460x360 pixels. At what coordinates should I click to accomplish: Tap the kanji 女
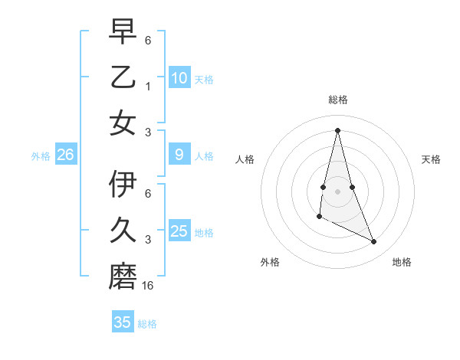[123, 123]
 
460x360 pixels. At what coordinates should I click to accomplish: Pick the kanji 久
[123, 231]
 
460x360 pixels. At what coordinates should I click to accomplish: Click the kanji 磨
[123, 277]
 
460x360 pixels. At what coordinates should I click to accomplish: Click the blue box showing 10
[179, 77]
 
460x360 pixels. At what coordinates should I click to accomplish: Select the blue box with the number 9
[179, 155]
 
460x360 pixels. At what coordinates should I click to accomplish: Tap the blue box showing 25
[179, 231]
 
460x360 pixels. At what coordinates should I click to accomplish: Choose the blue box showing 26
[66, 155]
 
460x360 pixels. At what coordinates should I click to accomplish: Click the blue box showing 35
[123, 322]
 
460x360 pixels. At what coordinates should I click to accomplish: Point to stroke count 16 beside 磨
[149, 286]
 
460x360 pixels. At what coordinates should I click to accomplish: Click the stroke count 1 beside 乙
[148, 86]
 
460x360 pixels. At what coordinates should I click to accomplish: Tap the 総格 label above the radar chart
[337, 100]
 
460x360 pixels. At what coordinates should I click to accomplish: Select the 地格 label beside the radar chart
[402, 262]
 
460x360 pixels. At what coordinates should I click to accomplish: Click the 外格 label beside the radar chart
[270, 262]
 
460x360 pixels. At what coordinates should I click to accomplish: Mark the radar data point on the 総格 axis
[337, 129]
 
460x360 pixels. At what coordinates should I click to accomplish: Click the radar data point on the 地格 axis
[374, 241]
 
